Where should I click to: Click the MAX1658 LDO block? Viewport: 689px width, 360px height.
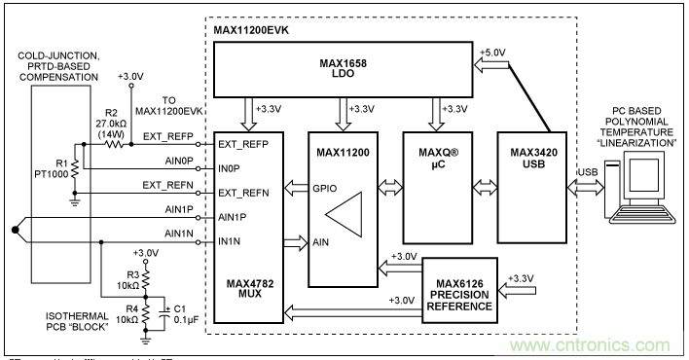coord(344,69)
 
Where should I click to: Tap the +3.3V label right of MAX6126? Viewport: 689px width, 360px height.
coord(526,277)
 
